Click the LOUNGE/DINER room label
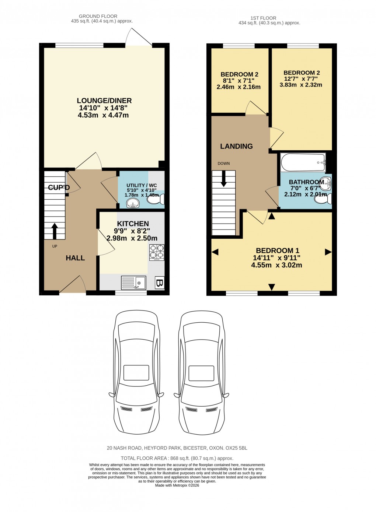pyautogui.click(x=104, y=101)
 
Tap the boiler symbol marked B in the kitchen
pyautogui.click(x=160, y=283)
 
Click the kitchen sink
pyautogui.click(x=133, y=283)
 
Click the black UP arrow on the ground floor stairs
pyautogui.click(x=54, y=231)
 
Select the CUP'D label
pyautogui.click(x=59, y=187)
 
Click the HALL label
pyautogui.click(x=75, y=258)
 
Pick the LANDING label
pyautogui.click(x=236, y=146)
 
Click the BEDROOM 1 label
pyautogui.click(x=278, y=250)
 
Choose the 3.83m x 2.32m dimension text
pyautogui.click(x=301, y=85)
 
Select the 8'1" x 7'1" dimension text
pyautogui.click(x=239, y=81)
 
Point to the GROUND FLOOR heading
pyautogui.click(x=98, y=16)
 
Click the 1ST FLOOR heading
pyautogui.click(x=263, y=18)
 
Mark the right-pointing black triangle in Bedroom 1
pyautogui.click(x=328, y=252)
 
